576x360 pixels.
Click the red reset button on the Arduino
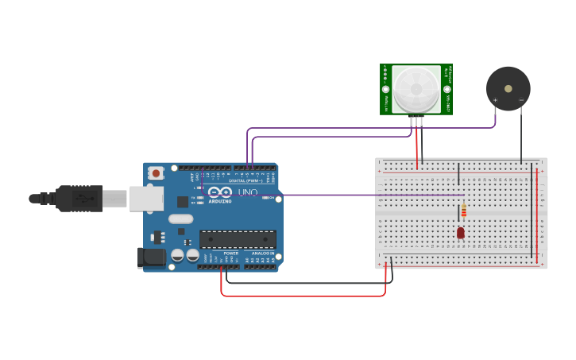point(157,172)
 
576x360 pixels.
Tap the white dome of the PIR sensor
point(416,88)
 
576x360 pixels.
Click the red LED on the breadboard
point(460,233)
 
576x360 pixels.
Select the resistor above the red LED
point(464,211)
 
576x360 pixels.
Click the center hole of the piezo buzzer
point(508,88)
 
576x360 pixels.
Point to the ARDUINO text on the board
point(220,200)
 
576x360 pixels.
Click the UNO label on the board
point(248,193)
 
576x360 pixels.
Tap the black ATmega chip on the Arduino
point(238,239)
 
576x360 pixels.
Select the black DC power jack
point(152,257)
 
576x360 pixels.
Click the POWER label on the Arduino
point(230,254)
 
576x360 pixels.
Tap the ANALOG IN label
point(262,254)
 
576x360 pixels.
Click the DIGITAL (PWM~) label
point(242,181)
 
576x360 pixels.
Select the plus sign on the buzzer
point(495,100)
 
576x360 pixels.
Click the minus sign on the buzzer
point(521,100)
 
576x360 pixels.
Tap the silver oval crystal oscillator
point(180,219)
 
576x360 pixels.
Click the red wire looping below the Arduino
point(302,296)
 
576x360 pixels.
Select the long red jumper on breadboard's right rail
point(537,215)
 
